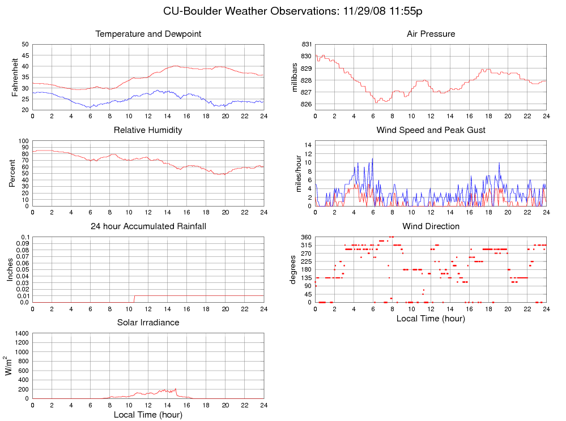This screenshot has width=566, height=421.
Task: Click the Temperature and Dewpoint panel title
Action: [x=148, y=34]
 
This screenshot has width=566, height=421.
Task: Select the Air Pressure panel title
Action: [x=431, y=34]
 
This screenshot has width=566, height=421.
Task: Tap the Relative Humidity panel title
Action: [x=148, y=130]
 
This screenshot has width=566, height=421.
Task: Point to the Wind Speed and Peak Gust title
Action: [x=431, y=130]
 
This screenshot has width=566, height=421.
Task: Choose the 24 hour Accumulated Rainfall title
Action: [x=148, y=226]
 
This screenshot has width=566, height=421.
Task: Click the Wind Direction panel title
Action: [x=431, y=226]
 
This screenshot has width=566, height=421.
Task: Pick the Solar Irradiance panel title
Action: [x=148, y=323]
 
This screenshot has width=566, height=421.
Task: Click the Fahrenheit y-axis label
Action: [x=15, y=77]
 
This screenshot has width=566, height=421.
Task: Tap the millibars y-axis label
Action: [x=294, y=77]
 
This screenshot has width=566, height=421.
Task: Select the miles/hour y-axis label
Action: [x=299, y=173]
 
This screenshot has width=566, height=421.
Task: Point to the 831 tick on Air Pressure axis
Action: [x=306, y=44]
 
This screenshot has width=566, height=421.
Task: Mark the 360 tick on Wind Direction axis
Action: [x=306, y=237]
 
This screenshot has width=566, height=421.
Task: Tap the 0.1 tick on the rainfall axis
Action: [x=24, y=237]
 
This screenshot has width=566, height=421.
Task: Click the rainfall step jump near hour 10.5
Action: [x=134, y=298]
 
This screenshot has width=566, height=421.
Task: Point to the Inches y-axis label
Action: [x=10, y=269]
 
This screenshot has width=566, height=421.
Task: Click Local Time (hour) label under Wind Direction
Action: [x=431, y=319]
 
